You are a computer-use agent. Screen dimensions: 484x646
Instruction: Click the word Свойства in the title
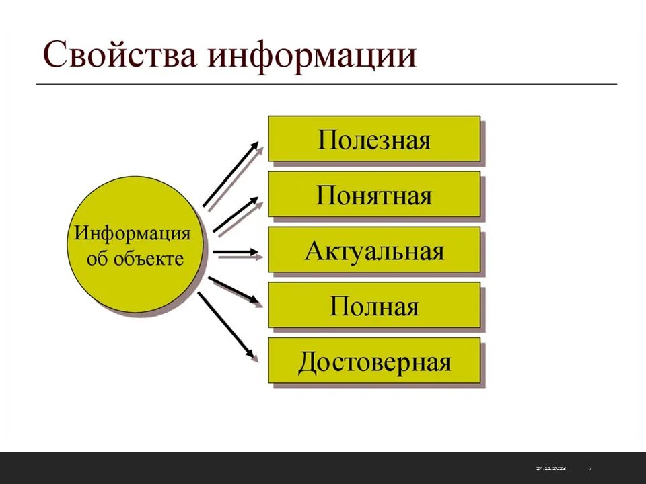pos(120,56)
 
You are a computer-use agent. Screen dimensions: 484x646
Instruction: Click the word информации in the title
pos(312,56)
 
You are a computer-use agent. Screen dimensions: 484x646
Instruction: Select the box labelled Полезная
pos(374,139)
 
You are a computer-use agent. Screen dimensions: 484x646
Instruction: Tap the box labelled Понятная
pos(374,195)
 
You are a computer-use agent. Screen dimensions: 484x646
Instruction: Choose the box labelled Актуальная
pos(374,251)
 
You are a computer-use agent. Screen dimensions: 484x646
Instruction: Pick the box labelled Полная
pos(374,306)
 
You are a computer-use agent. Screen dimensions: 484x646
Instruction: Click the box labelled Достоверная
pos(374,362)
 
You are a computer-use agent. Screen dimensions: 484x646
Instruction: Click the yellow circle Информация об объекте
pos(135,245)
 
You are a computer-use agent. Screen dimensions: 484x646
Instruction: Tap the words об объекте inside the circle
pos(135,259)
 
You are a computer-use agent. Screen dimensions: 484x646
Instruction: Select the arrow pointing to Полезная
pos(230,175)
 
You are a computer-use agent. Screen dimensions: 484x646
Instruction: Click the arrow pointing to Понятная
pos(236,215)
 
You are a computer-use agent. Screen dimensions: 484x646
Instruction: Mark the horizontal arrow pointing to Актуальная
pos(237,253)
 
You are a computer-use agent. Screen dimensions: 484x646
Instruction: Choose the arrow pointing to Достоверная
pos(227,325)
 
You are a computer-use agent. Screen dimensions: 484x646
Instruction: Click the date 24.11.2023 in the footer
pos(550,468)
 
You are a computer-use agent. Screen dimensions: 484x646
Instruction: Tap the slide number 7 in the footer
pos(590,468)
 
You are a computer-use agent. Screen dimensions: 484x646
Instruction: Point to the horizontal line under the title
pos(326,84)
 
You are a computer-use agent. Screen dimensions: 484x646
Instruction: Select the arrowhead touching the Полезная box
pos(254,147)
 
